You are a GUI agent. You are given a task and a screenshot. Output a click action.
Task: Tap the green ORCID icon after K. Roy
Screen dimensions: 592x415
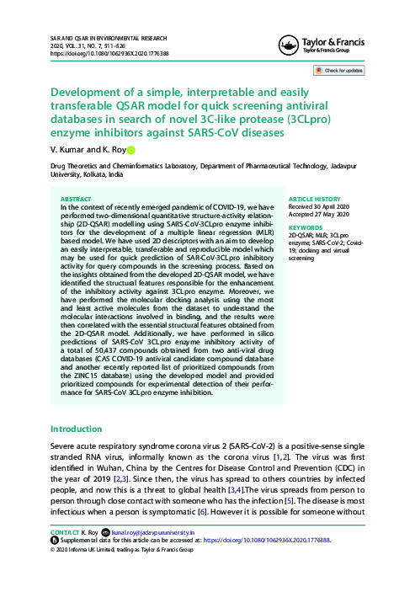[x=130, y=151]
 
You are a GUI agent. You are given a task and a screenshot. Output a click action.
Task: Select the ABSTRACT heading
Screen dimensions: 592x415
[x=77, y=200]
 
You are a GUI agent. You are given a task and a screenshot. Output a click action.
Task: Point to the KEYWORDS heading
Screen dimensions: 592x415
[x=306, y=227]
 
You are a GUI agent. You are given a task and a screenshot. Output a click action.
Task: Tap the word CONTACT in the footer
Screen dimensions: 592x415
[x=65, y=533]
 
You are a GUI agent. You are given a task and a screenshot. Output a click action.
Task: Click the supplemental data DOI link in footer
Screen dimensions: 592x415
[x=275, y=541]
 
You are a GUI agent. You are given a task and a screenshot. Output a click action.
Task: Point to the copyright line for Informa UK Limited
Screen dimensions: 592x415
[x=123, y=549]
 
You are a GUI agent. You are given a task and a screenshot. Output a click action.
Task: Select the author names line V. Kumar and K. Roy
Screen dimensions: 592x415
[x=88, y=150]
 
